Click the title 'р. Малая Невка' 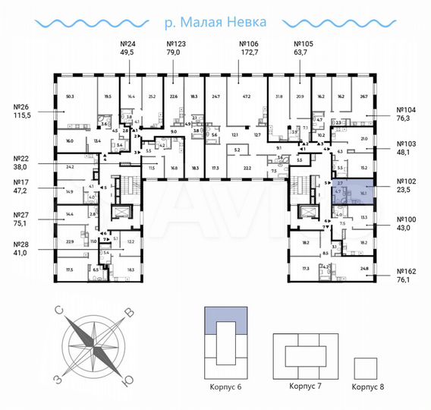215,22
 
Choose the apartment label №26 22,107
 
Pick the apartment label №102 408,182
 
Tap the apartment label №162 408,270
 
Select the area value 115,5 22,116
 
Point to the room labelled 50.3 70,97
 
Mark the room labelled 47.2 246,97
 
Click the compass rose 93,344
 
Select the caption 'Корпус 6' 227,386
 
